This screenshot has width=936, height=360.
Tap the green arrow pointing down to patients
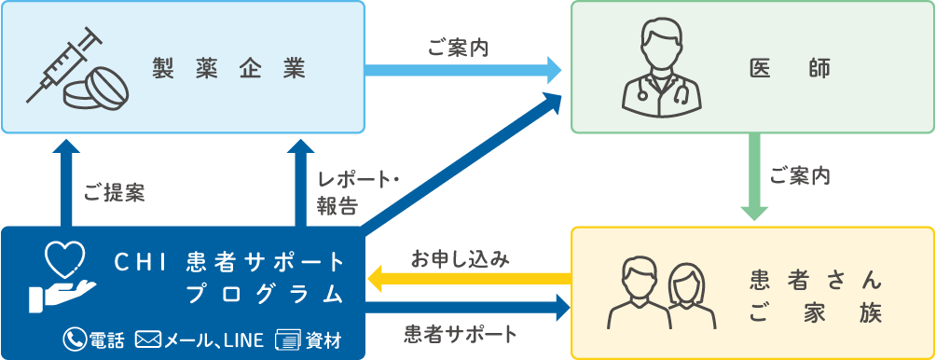754,177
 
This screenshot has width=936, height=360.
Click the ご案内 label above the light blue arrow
458,45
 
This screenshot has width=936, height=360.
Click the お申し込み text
460,256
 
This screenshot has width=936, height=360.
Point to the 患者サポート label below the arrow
461,332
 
